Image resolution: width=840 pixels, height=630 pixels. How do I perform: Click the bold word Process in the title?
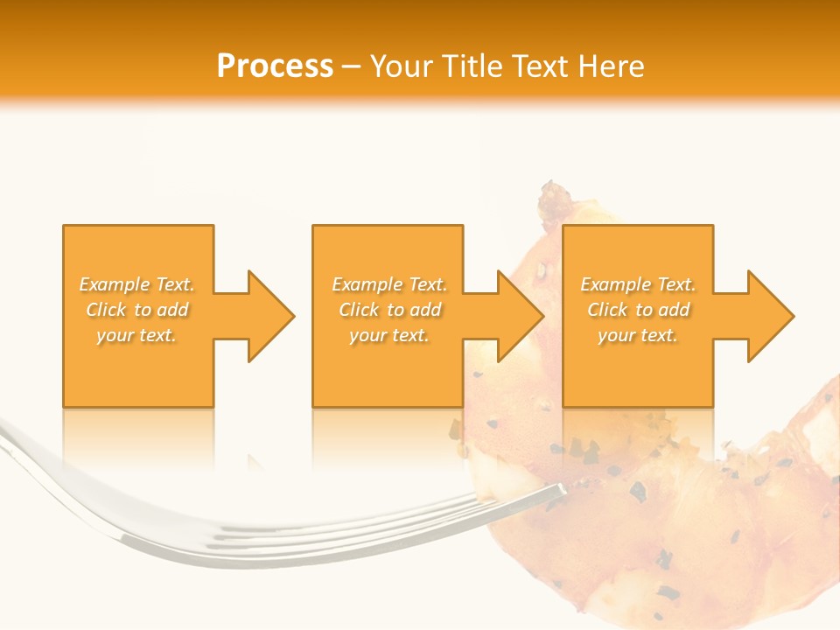click(275, 66)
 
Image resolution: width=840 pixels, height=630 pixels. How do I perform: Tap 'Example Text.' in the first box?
click(137, 284)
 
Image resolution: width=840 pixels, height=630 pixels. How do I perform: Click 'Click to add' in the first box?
click(137, 310)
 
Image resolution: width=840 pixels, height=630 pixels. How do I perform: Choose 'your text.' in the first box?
click(137, 335)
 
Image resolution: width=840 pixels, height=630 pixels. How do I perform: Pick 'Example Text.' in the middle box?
click(389, 284)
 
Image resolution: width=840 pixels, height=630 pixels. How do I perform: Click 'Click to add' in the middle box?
click(389, 310)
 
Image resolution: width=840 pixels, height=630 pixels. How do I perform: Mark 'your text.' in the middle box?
click(389, 335)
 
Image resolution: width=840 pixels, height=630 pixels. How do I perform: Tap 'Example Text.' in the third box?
click(638, 284)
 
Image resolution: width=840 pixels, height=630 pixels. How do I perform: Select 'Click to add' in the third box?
click(638, 310)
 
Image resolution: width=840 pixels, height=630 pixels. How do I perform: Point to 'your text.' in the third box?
click(638, 335)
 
